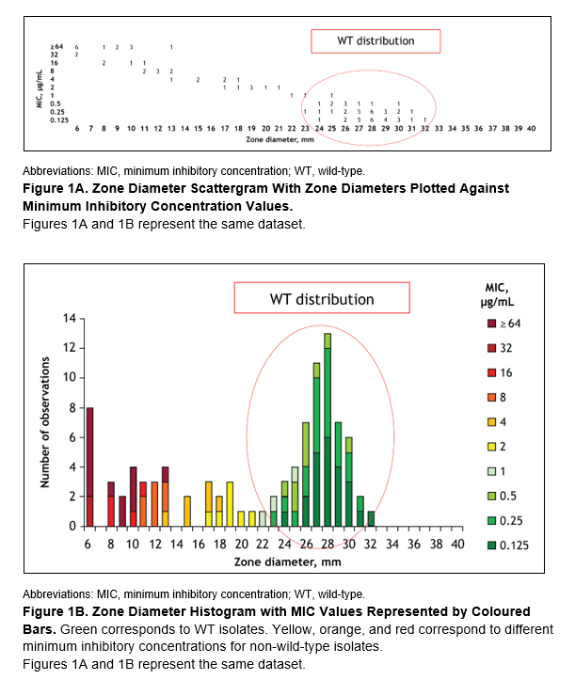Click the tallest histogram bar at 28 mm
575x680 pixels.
click(327, 433)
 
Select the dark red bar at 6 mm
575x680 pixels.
click(90, 467)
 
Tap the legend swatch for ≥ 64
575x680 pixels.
click(480, 324)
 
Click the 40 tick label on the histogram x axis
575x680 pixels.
click(456, 544)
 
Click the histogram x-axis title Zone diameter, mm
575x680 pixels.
click(273, 561)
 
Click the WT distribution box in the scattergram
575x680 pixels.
click(375, 41)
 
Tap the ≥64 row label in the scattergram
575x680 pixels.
click(56, 46)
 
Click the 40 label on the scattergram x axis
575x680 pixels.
click(532, 127)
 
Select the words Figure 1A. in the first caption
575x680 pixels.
click(61, 188)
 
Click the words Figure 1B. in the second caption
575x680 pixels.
click(61, 611)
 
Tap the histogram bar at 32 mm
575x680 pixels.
click(371, 518)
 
